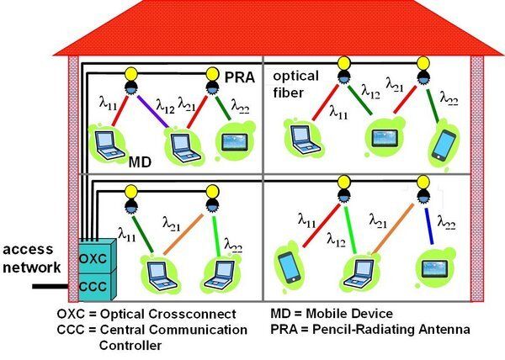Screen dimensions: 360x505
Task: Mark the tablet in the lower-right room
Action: pyautogui.click(x=433, y=270)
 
